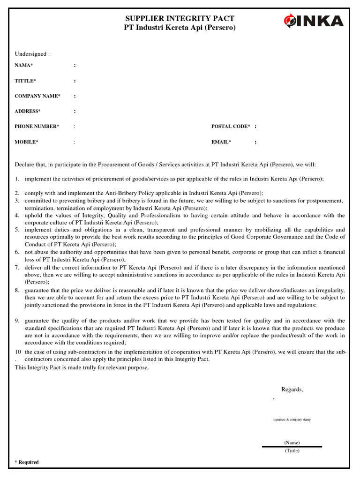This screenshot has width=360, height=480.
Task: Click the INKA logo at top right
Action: click(x=313, y=21)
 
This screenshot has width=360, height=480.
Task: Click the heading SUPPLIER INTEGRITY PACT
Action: click(x=180, y=18)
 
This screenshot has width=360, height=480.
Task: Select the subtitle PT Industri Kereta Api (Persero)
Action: click(x=180, y=28)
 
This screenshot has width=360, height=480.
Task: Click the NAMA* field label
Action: click(x=24, y=66)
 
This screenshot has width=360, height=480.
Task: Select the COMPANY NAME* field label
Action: click(x=37, y=96)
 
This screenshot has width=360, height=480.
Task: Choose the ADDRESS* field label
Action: click(x=28, y=111)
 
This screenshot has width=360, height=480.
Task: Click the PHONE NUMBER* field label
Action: click(x=37, y=127)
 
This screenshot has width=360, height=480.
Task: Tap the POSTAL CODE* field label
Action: click(x=231, y=127)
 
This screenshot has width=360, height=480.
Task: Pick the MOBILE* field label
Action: click(x=26, y=142)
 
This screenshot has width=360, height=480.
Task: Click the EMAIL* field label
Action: click(x=221, y=142)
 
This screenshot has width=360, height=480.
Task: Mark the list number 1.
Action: click(x=17, y=179)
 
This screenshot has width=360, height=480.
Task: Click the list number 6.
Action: click(x=17, y=252)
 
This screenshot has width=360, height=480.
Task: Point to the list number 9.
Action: click(x=17, y=321)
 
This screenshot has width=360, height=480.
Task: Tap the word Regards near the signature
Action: click(x=292, y=390)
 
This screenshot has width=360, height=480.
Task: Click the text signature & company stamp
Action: click(x=292, y=420)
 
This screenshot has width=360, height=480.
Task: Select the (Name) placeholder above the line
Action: click(x=292, y=442)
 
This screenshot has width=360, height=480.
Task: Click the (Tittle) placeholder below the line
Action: click(x=292, y=450)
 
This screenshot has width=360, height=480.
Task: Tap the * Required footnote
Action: click(x=27, y=462)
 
